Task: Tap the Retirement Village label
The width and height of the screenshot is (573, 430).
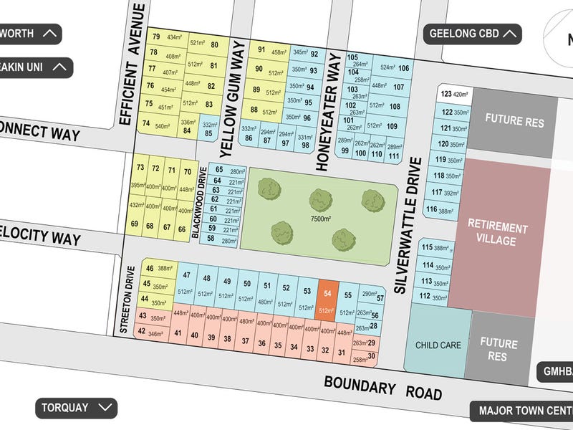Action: click(x=498, y=234)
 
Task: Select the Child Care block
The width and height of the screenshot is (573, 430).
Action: click(x=438, y=345)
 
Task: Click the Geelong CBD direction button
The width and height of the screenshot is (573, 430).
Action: click(x=473, y=33)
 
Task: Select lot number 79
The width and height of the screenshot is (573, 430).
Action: click(x=155, y=37)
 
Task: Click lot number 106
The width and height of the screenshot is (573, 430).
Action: click(x=404, y=68)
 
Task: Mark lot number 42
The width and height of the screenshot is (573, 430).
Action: click(x=142, y=331)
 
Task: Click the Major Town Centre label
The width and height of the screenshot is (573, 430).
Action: click(x=522, y=411)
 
